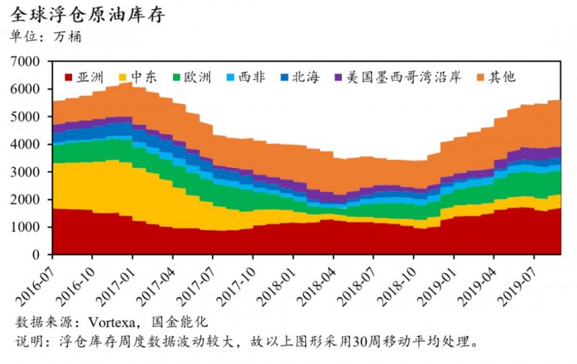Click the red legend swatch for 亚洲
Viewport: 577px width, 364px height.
[x=69, y=77]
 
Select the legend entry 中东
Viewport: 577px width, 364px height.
[x=142, y=76]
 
